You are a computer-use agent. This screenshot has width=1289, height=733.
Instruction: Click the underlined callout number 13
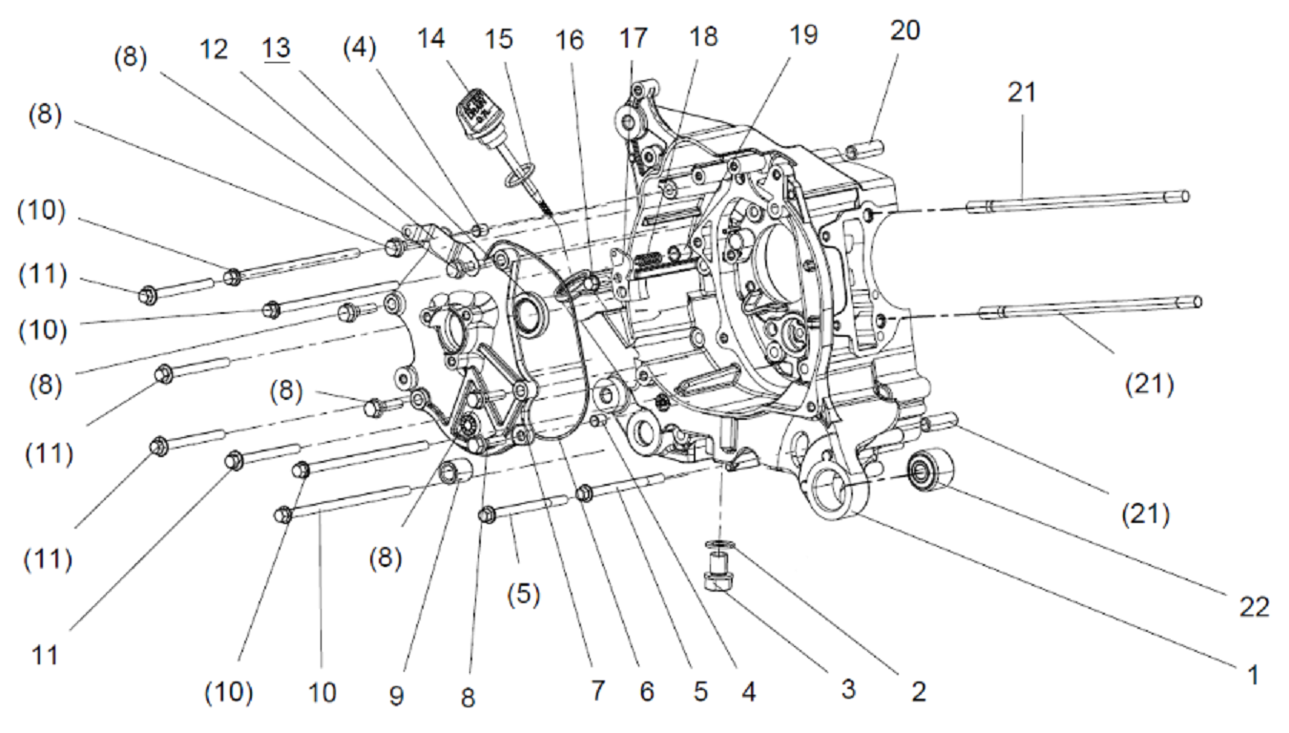click(277, 49)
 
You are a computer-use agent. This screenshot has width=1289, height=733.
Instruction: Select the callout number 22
click(1254, 607)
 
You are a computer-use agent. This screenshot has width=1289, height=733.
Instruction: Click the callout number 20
click(905, 31)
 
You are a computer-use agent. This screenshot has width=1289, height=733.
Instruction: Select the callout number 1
click(1254, 674)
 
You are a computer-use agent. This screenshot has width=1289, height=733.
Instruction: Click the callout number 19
click(803, 34)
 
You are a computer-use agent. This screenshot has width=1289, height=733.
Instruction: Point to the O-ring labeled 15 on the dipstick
click(520, 175)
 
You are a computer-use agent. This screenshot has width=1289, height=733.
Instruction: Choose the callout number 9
click(397, 696)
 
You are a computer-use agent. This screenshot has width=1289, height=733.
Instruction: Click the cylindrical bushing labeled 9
click(456, 473)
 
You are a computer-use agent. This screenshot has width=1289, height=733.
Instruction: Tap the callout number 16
click(569, 40)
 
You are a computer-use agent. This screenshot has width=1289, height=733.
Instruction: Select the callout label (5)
click(524, 595)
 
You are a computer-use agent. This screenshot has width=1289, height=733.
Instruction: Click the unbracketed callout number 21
click(1022, 93)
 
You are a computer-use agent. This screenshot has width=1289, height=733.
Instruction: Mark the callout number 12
click(214, 50)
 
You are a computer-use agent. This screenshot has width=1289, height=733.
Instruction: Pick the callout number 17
click(633, 38)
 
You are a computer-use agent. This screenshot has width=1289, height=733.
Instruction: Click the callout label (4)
click(360, 49)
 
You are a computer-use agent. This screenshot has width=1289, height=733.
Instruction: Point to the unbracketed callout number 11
click(45, 656)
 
